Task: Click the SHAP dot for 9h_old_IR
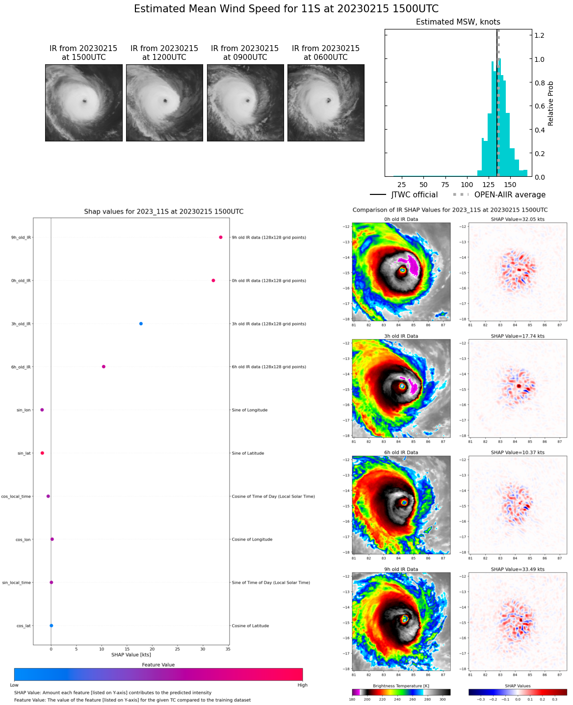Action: [221, 238]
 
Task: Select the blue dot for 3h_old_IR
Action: [141, 324]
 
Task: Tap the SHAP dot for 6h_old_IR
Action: [104, 367]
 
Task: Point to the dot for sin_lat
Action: [42, 453]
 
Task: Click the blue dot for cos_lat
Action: [52, 625]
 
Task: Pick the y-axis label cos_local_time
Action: [16, 496]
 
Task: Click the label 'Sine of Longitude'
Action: [249, 410]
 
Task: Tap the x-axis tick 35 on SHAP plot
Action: [228, 649]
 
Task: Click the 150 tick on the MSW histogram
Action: [510, 185]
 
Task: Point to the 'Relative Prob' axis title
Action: [551, 104]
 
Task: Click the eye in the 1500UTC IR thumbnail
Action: [85, 102]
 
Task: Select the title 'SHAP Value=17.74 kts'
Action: [518, 336]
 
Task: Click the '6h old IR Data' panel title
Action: [401, 453]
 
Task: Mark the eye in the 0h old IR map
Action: [402, 270]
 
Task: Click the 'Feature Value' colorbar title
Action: [158, 665]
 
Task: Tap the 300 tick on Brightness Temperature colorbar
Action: [443, 699]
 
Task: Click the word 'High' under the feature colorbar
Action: [302, 685]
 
